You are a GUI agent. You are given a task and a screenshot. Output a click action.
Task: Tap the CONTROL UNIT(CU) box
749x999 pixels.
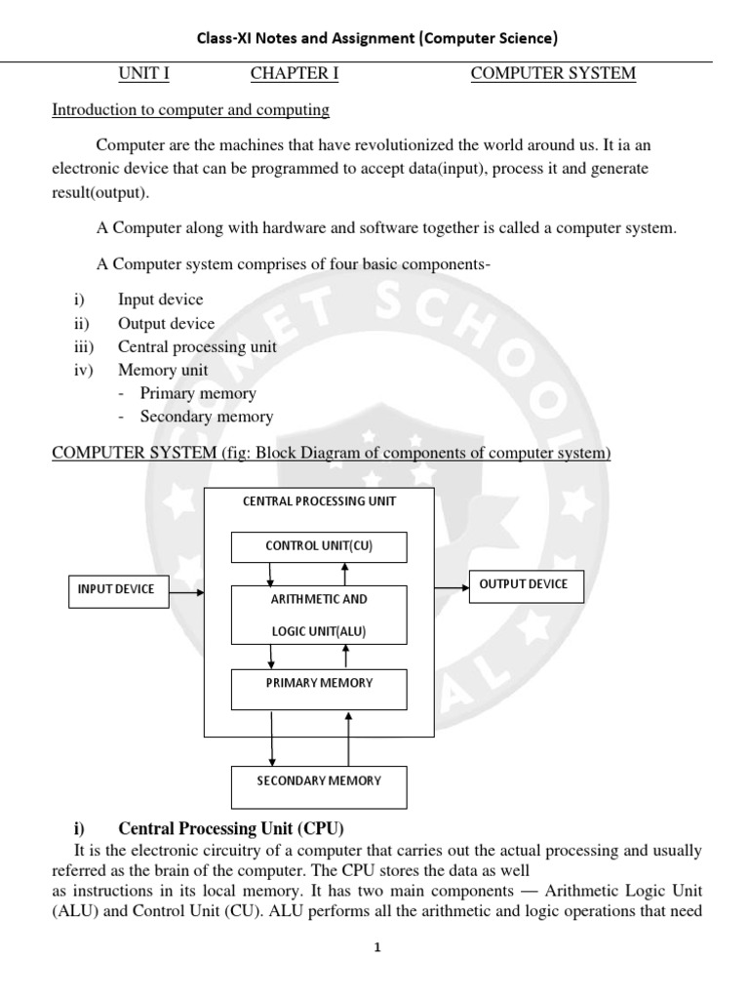[319, 546]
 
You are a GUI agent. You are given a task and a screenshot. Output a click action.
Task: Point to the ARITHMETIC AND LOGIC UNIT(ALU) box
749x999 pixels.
[319, 615]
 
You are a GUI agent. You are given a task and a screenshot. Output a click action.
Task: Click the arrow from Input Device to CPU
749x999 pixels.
[185, 589]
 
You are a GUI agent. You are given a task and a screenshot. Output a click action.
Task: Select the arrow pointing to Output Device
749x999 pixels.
[451, 587]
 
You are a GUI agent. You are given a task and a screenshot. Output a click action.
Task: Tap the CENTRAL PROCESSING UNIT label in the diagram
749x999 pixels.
[319, 501]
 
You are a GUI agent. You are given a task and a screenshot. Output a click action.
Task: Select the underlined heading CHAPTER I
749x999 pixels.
[295, 74]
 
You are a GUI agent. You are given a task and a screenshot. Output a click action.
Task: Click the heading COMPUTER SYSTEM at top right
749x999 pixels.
[553, 74]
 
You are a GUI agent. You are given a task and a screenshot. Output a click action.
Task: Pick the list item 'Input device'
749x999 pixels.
[160, 300]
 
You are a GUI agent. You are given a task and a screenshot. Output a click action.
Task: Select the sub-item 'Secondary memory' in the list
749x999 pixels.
[206, 418]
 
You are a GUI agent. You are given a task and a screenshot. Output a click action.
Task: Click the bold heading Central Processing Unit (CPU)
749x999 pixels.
[231, 829]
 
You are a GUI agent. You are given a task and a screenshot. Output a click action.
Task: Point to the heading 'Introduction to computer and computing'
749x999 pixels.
[190, 110]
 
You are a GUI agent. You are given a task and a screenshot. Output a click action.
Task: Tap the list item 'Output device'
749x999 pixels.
[166, 324]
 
